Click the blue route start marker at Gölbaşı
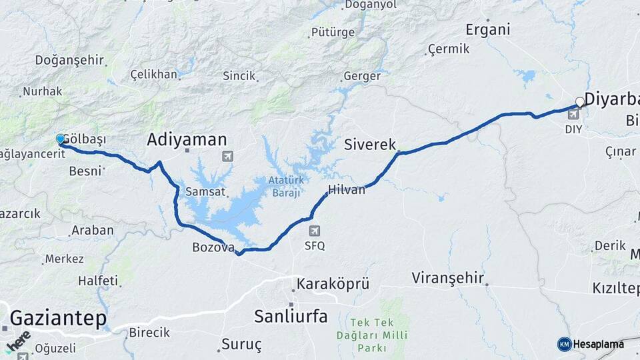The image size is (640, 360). [61, 139]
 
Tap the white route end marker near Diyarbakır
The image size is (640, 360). [580, 102]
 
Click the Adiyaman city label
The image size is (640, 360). [187, 139]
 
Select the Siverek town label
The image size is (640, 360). [370, 144]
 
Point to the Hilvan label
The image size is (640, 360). [347, 190]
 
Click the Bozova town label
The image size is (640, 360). [213, 247]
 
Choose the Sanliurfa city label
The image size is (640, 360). [291, 316]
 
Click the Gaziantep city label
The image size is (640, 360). [58, 318]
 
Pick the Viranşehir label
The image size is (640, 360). [448, 277]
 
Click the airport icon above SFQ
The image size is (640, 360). [315, 231]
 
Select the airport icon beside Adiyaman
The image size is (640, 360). [228, 156]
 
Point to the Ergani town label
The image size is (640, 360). [488, 29]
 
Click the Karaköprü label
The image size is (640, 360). [333, 283]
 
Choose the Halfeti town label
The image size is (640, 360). [97, 281]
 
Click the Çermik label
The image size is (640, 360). [449, 49]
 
